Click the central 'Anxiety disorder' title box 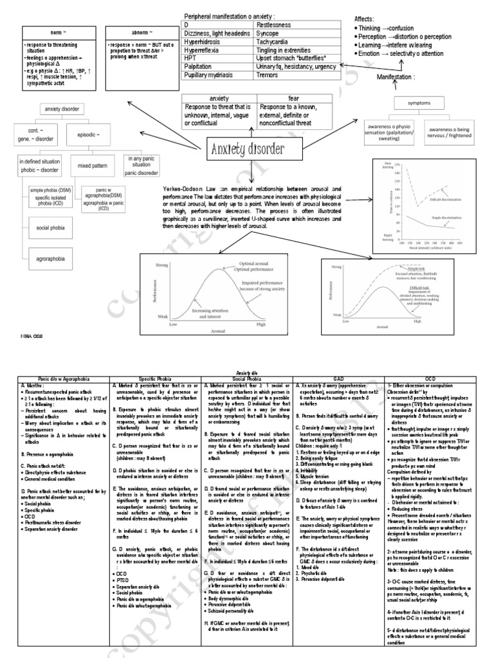click(246, 151)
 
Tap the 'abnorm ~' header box click(142, 31)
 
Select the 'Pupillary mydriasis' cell click(212, 75)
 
